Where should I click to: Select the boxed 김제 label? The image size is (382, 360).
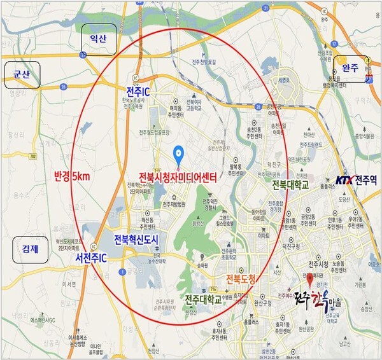(x=30, y=250)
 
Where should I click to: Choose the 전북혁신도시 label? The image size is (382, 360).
(x=136, y=240)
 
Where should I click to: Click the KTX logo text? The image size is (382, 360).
(x=343, y=180)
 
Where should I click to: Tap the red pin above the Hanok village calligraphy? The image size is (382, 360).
(x=309, y=279)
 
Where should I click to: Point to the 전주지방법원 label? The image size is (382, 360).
(x=173, y=205)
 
